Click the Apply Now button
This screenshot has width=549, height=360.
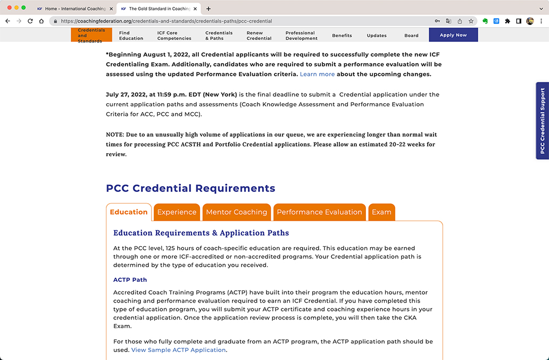point(453,35)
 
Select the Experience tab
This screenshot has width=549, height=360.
point(177,212)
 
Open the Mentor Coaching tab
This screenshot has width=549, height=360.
point(236,212)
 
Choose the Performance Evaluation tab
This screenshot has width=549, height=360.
point(319,212)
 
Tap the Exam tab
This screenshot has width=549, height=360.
point(381,212)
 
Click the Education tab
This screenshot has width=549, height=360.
point(129,212)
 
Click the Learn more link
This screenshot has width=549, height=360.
point(317,74)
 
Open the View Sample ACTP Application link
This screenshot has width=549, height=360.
point(178,350)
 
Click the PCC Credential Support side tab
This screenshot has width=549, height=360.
point(542,121)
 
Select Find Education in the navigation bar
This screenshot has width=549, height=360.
point(131,36)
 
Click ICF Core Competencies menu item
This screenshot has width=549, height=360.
point(174,36)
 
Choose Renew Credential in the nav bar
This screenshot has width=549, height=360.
point(259,36)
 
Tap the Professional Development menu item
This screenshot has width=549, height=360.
point(301,36)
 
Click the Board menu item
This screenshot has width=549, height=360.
point(411,36)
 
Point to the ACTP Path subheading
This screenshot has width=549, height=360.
point(130,280)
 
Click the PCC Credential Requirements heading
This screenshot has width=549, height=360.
point(190,188)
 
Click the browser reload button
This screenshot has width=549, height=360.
point(30,21)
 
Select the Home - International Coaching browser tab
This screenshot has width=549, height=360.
point(74,9)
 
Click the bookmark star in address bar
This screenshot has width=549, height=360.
point(471,21)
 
